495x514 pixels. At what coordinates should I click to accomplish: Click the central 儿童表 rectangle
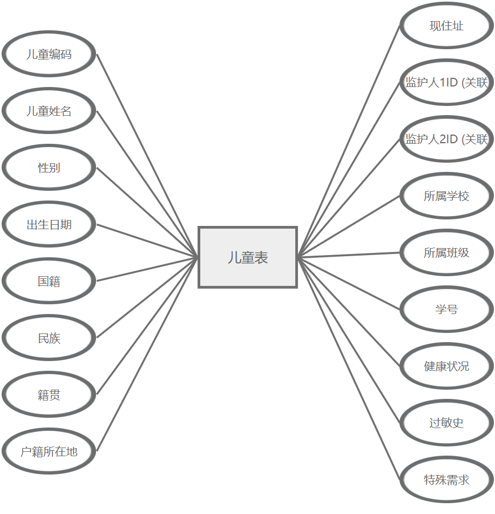tap(248, 257)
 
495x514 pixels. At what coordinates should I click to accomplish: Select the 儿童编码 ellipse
tap(49, 54)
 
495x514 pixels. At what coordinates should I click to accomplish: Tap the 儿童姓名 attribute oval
tap(49, 111)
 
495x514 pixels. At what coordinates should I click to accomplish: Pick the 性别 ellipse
tap(49, 168)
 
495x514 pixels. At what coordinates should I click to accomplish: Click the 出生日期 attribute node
tap(49, 224)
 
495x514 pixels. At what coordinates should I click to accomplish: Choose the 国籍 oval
tap(49, 281)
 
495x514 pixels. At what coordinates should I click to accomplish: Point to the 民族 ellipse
tap(49, 338)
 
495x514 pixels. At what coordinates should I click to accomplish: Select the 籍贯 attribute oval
tap(49, 395)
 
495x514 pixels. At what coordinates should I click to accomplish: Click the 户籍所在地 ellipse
tap(49, 451)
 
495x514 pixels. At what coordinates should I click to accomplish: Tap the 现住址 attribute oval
tap(446, 26)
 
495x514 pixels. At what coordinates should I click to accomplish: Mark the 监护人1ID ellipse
tap(446, 83)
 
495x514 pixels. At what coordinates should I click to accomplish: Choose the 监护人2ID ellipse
tap(446, 139)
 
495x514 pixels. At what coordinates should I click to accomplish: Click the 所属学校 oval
tap(446, 196)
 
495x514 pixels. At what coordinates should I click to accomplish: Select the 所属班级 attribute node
tap(446, 252)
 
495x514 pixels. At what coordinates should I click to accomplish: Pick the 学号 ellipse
tap(446, 309)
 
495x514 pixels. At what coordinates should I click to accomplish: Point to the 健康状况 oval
tap(446, 366)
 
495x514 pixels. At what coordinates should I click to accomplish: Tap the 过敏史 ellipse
tap(446, 423)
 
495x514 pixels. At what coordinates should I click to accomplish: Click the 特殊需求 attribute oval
tap(446, 479)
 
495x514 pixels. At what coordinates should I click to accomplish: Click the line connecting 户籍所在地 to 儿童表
tap(147, 354)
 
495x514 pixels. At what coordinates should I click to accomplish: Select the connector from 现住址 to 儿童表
tap(349, 142)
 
